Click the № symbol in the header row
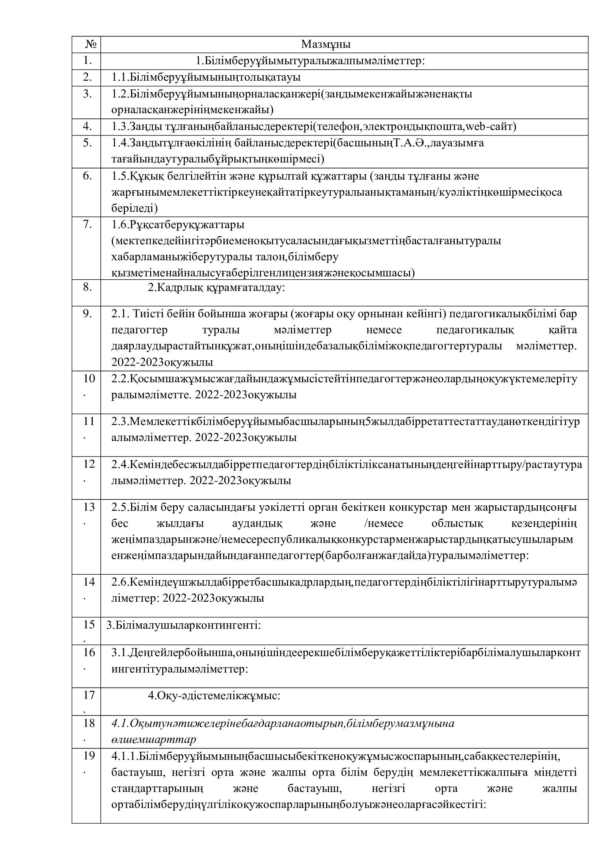[x=90, y=45]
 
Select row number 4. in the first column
[x=87, y=126]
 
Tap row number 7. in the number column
[x=87, y=225]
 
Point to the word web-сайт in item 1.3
[x=491, y=127]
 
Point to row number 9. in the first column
[x=87, y=314]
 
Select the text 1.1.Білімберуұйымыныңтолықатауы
[x=206, y=77]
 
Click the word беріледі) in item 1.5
[x=134, y=208]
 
